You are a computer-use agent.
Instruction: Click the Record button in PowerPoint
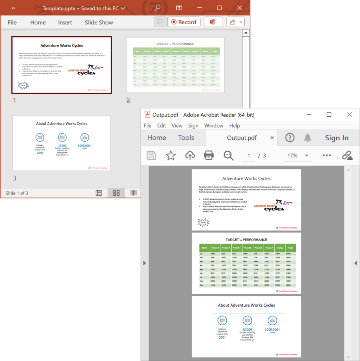[184, 22]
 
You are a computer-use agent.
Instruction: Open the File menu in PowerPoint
[12, 23]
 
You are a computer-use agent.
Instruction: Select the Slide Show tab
[99, 23]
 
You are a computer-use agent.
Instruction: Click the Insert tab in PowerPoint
[65, 23]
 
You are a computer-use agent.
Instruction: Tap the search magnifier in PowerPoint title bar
[157, 8]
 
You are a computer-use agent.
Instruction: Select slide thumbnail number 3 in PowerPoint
[62, 143]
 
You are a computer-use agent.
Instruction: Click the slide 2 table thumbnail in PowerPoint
[175, 65]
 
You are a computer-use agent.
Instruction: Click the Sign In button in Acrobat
[336, 138]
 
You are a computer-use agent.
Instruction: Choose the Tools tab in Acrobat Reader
[186, 138]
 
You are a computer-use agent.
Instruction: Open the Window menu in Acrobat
[214, 126]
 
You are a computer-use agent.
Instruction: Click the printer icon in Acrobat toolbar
[209, 155]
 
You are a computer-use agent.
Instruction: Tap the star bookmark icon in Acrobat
[171, 155]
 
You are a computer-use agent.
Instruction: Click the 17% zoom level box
[292, 155]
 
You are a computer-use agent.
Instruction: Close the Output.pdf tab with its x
[272, 138]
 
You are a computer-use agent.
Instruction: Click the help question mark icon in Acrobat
[290, 138]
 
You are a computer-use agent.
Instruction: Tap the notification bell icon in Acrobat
[308, 138]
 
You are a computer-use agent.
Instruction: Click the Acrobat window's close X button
[349, 115]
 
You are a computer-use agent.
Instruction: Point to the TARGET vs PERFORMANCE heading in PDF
[246, 240]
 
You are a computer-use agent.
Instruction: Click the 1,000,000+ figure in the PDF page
[272, 330]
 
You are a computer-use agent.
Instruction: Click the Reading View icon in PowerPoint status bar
[133, 193]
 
